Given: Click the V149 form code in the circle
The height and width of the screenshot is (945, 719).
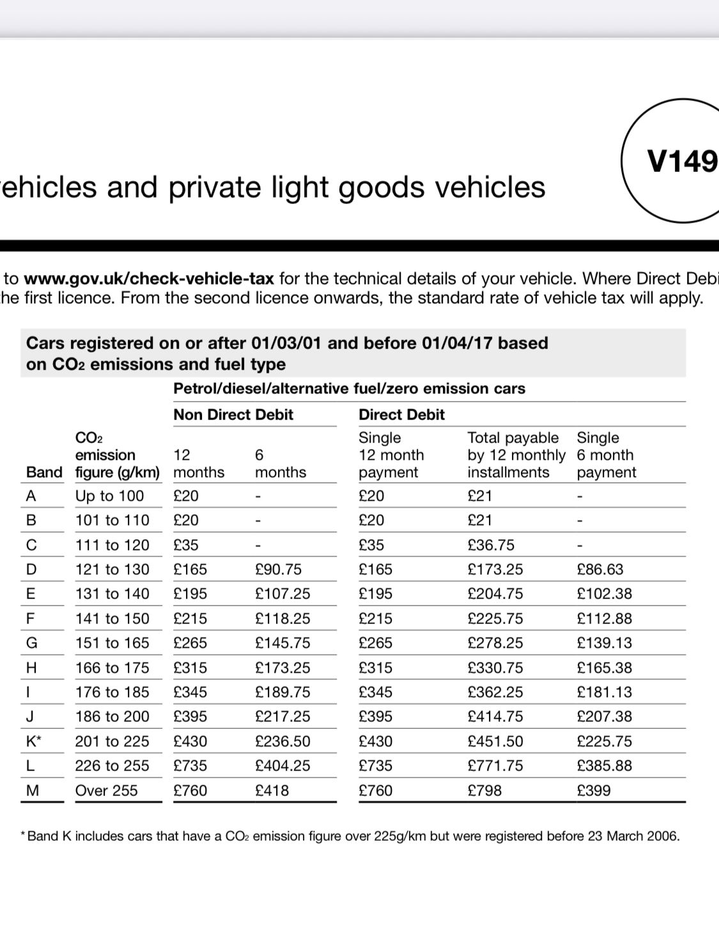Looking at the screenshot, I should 682,161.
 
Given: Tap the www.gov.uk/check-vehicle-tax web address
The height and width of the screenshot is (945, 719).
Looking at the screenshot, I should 149,279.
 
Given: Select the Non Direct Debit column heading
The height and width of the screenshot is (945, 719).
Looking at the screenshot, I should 233,414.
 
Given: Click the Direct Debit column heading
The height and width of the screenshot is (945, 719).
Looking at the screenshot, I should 401,414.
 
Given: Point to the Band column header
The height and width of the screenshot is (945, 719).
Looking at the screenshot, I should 44,472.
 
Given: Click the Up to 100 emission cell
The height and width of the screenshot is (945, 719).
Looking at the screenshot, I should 109,496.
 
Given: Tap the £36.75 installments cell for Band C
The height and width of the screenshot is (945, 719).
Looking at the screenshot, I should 491,545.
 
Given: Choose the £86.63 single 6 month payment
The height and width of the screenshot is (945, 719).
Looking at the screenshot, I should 599,569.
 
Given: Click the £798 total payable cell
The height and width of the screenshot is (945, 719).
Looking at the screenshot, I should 484,790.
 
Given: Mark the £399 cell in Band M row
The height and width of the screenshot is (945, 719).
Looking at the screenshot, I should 594,790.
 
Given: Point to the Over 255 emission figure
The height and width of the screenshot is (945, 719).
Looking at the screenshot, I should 106,790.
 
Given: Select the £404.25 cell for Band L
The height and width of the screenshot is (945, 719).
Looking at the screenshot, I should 282,765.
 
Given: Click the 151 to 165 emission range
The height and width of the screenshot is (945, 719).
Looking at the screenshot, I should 112,643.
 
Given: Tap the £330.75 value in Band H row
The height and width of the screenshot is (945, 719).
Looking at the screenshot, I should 495,668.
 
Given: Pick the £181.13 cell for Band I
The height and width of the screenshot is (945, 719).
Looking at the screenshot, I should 604,692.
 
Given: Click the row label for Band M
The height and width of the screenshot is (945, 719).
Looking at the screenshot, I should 33,790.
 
